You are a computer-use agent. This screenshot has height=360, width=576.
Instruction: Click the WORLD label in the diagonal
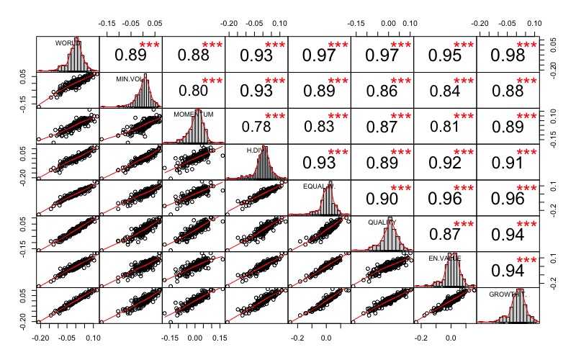coord(66,42)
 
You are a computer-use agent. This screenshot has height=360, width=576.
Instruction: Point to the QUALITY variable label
coord(383,222)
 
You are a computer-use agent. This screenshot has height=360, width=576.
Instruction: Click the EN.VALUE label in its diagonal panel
coord(445,258)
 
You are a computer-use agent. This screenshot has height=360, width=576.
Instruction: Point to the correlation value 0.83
coord(319,127)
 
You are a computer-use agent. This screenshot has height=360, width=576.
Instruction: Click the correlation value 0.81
coord(445,127)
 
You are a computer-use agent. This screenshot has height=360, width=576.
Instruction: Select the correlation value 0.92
coord(445,163)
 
